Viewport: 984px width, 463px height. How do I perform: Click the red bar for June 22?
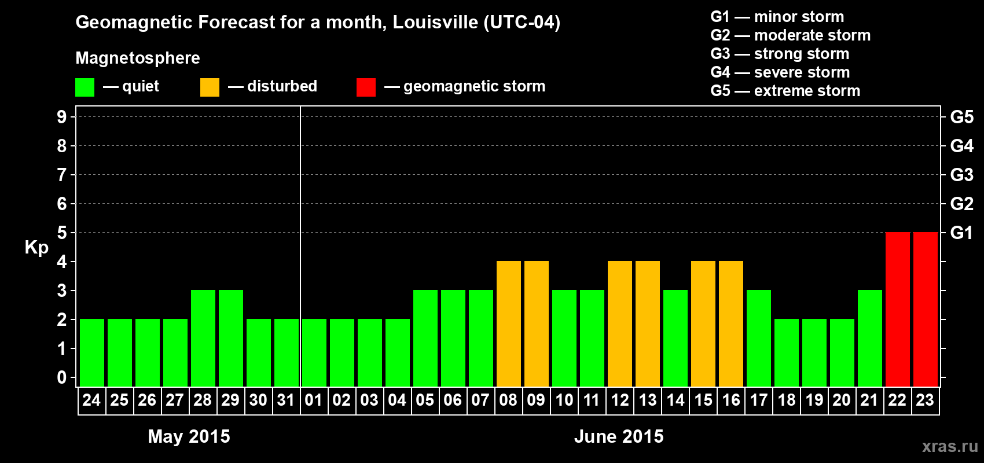[x=897, y=309]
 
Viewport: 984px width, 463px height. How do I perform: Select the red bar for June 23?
[x=925, y=309]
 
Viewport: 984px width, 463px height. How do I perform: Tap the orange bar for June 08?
[x=508, y=324]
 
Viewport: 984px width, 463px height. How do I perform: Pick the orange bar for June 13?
[x=647, y=324]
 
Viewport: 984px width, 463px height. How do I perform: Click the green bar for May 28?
[x=203, y=338]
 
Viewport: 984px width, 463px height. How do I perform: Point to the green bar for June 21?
[x=869, y=338]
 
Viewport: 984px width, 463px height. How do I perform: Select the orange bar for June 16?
[x=730, y=324]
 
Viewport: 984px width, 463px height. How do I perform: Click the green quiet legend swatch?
[x=85, y=87]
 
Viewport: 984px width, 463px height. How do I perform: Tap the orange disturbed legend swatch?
[x=210, y=87]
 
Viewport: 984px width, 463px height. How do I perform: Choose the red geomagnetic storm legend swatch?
[x=366, y=87]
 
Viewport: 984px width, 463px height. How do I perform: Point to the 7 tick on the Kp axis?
[x=62, y=175]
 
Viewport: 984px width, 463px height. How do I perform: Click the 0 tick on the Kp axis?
[x=62, y=378]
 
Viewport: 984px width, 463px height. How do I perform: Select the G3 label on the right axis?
[x=961, y=175]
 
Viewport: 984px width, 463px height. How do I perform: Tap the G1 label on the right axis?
[x=961, y=233]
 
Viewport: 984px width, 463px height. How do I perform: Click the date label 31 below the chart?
[x=286, y=400]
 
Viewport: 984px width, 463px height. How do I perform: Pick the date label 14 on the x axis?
[x=675, y=400]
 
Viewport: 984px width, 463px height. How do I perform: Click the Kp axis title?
[x=36, y=248]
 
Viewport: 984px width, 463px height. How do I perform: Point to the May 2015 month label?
[x=189, y=436]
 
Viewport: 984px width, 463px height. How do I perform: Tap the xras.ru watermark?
[x=950, y=446]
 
